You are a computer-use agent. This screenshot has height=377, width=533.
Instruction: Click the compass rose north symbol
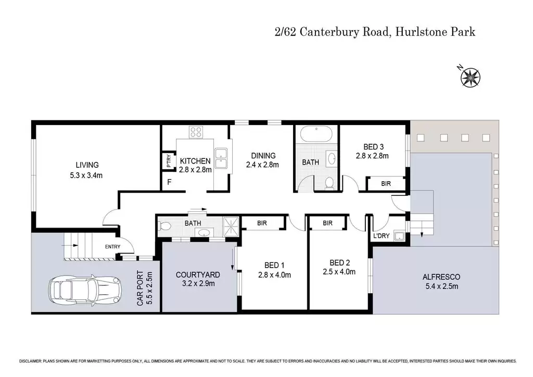(x=470, y=78)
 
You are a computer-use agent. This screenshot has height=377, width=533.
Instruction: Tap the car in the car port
(x=84, y=291)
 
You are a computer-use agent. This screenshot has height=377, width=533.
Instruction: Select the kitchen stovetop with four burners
(x=196, y=132)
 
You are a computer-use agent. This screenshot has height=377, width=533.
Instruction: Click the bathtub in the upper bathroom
(x=316, y=134)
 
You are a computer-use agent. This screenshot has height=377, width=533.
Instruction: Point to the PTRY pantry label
(x=169, y=161)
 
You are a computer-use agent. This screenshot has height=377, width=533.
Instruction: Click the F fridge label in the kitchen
(x=169, y=182)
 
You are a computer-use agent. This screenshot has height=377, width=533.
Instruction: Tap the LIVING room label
(x=87, y=165)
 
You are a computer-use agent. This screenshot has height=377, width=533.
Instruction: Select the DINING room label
(x=263, y=156)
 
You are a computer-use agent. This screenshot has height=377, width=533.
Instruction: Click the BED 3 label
(x=374, y=147)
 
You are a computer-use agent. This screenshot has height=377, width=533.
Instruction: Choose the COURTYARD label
(x=198, y=274)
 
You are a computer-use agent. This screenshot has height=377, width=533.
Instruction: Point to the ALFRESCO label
(x=441, y=277)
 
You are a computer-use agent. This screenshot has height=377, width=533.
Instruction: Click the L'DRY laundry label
(x=382, y=235)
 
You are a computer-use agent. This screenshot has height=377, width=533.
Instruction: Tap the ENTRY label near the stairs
(x=112, y=246)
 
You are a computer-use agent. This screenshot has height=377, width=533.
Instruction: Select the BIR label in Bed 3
(x=386, y=184)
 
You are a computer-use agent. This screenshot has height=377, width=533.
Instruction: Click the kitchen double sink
(x=221, y=158)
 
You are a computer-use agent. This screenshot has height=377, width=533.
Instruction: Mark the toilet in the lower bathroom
(x=166, y=226)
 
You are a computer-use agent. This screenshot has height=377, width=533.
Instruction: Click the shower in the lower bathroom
(x=231, y=226)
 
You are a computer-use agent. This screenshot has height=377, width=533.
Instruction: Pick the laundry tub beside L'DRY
(x=399, y=236)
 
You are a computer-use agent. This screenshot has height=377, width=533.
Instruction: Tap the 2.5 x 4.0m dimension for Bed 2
(x=339, y=272)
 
